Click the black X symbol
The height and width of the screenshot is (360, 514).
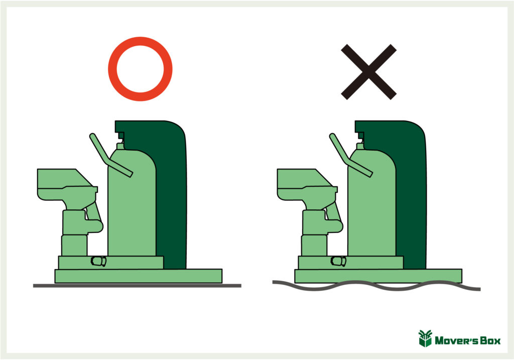pos(369,72)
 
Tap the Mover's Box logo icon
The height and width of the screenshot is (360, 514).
pos(425,338)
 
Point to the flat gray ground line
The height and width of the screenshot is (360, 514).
pos(137,286)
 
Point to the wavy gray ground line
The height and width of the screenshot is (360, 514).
pos(376,286)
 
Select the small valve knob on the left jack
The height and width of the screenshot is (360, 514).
pos(98,261)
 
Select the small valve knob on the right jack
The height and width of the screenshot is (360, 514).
pos(338,261)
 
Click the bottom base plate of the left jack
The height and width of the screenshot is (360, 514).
pos(139,276)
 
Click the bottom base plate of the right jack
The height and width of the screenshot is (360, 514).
pos(378,276)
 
